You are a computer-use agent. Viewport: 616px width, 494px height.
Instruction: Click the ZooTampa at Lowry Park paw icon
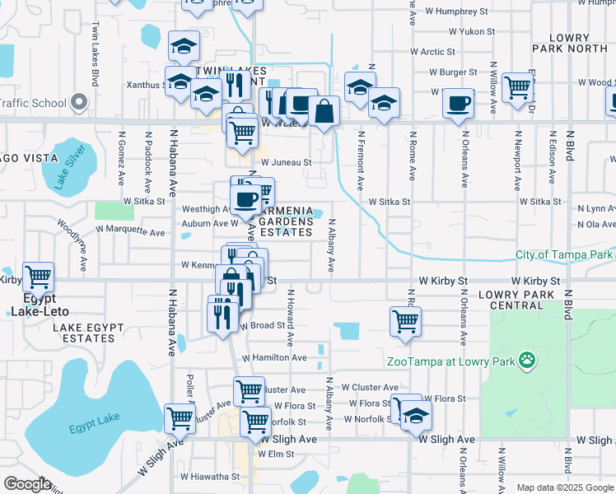click(528, 359)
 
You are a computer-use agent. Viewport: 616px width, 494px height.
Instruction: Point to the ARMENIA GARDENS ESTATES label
click(287, 221)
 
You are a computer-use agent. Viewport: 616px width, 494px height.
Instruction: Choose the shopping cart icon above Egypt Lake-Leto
click(38, 277)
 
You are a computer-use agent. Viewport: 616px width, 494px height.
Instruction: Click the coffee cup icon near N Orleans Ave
click(458, 104)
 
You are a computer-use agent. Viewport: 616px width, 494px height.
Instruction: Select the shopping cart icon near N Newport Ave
click(517, 86)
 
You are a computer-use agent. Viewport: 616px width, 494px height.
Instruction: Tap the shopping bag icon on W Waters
click(325, 111)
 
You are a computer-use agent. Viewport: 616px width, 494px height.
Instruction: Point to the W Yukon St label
click(471, 31)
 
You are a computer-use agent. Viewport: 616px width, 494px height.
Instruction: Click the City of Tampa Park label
click(565, 254)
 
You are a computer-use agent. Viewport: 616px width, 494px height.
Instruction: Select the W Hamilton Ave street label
click(277, 358)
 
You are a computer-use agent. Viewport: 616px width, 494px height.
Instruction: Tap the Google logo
click(28, 484)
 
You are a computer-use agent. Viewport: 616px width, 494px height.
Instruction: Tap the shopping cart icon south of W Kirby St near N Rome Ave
click(405, 321)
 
